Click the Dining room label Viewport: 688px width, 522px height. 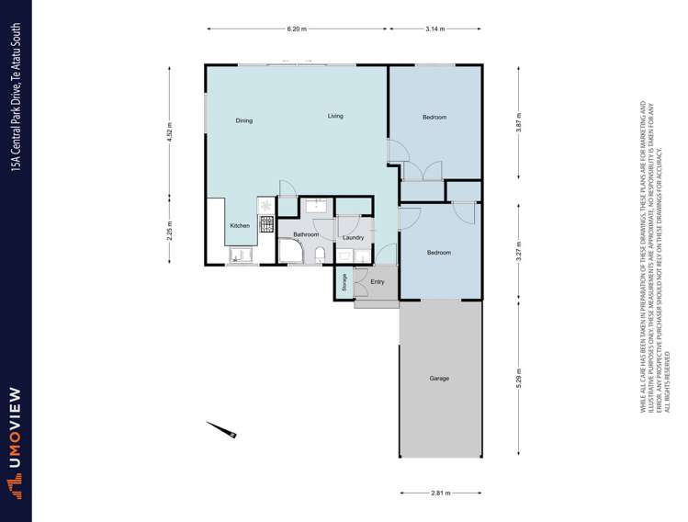(x=243, y=120)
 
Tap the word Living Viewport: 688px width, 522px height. (x=335, y=116)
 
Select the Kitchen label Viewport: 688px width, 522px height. (x=239, y=226)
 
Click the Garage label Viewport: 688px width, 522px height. (x=439, y=379)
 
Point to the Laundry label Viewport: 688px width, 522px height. (x=353, y=238)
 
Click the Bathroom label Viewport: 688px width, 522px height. (x=306, y=234)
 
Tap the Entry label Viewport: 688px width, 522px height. (x=377, y=281)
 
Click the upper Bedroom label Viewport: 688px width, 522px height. (x=434, y=118)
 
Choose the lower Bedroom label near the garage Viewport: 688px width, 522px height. (x=439, y=253)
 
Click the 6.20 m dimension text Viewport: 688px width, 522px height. (x=296, y=29)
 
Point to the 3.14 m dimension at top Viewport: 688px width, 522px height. (x=434, y=29)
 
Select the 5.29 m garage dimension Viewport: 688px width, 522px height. (x=519, y=378)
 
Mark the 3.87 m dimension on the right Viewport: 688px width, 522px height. (x=519, y=130)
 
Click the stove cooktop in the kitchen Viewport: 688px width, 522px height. (x=267, y=223)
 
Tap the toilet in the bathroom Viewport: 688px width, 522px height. (x=319, y=255)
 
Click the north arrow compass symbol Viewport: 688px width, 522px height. (x=222, y=429)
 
